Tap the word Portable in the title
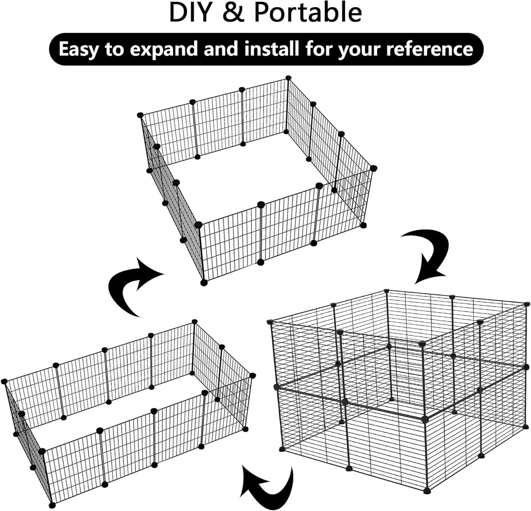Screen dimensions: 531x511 308,12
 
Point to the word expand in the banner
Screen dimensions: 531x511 166,50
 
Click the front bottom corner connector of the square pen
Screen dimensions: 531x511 204,283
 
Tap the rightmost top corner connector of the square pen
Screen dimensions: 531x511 373,168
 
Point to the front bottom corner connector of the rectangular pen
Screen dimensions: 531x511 52,505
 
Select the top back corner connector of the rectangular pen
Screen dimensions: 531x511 194,321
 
